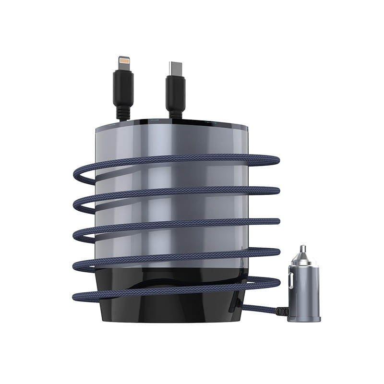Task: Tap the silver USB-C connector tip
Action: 174,68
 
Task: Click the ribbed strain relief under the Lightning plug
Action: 123,113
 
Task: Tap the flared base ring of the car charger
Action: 305,317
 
